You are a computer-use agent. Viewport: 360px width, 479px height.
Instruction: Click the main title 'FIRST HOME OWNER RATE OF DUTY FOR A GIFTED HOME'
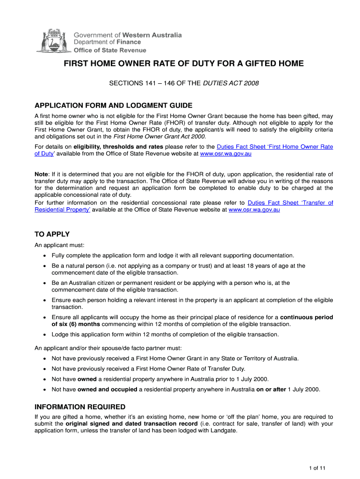coord(184,64)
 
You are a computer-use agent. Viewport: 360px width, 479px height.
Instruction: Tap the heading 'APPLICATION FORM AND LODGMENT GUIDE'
coord(114,105)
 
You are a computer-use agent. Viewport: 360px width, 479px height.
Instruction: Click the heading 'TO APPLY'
coord(52,234)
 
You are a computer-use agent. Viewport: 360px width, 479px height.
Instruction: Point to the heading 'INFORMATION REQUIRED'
coord(80,407)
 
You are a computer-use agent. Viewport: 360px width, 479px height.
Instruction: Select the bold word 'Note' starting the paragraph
coord(42,174)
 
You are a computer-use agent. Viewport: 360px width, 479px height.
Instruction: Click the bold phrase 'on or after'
coord(271,389)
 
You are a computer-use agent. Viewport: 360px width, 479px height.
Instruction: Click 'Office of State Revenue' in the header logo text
coord(110,50)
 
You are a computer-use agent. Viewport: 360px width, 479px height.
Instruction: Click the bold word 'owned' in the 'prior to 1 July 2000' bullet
coord(87,379)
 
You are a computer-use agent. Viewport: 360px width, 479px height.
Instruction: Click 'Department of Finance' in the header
coord(108,42)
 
